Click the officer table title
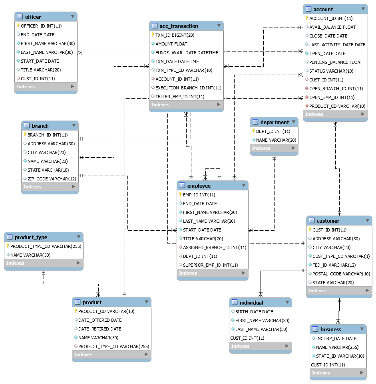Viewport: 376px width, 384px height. [33, 17]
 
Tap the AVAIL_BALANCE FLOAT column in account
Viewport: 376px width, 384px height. [332, 27]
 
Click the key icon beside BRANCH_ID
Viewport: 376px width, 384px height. [24, 135]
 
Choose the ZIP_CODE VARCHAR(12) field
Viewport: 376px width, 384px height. [52, 179]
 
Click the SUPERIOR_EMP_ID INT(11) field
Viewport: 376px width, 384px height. [210, 265]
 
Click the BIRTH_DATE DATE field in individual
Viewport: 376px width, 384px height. [254, 312]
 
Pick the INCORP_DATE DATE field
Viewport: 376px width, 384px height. [336, 338]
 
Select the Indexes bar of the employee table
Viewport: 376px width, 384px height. [212, 273]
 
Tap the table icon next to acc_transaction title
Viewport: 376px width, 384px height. [155, 26]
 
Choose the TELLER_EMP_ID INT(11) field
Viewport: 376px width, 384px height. [180, 97]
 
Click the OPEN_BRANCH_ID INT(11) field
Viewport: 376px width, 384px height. [336, 89]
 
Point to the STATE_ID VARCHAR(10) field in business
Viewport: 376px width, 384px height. [340, 356]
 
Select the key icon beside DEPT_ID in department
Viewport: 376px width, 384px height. [253, 131]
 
